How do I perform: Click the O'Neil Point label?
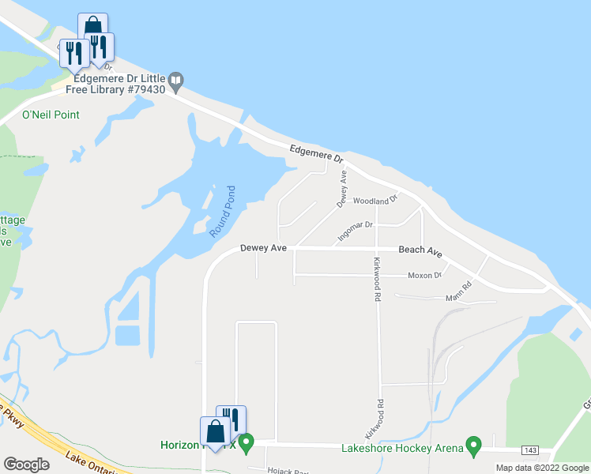51,115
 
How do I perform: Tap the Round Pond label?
222,212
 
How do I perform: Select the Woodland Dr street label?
374,201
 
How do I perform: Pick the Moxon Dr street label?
424,275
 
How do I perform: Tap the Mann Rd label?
458,297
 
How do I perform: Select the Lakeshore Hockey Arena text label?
402,449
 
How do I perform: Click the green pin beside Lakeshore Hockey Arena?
474,446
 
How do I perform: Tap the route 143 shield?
531,450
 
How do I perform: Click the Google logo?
27,465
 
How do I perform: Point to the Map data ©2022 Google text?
542,468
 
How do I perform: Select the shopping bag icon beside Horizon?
215,432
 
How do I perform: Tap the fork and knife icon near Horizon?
231,419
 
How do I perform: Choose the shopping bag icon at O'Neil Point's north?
93,27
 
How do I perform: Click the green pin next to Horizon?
246,443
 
